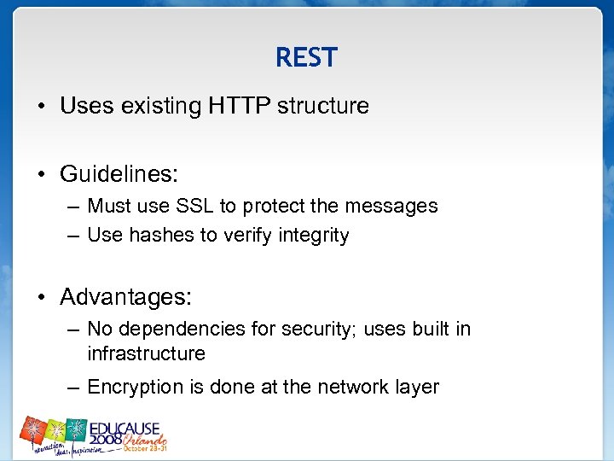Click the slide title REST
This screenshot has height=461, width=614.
(x=306, y=57)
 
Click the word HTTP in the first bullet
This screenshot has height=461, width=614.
(x=241, y=107)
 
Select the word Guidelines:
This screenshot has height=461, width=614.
(x=119, y=174)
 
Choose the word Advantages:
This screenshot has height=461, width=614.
(x=126, y=297)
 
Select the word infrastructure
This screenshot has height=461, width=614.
(x=146, y=353)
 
